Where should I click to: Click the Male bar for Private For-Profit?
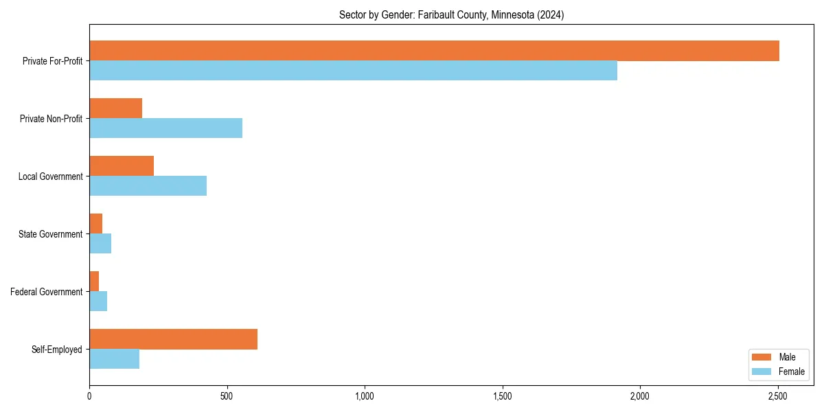click(x=434, y=51)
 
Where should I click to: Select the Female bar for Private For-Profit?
click(x=353, y=71)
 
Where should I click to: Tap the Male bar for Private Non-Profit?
click(x=115, y=108)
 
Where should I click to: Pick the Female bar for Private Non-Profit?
click(x=165, y=128)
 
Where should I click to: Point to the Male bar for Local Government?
click(x=122, y=166)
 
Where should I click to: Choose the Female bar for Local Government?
click(x=148, y=186)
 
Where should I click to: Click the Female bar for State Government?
click(x=100, y=244)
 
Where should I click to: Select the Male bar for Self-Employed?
click(x=173, y=339)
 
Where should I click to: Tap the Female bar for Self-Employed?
click(x=114, y=359)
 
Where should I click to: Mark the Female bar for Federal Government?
click(x=98, y=301)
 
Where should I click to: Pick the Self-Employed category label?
click(x=57, y=350)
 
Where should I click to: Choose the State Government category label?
click(x=51, y=234)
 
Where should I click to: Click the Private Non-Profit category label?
click(x=51, y=119)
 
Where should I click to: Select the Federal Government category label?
click(x=47, y=292)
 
